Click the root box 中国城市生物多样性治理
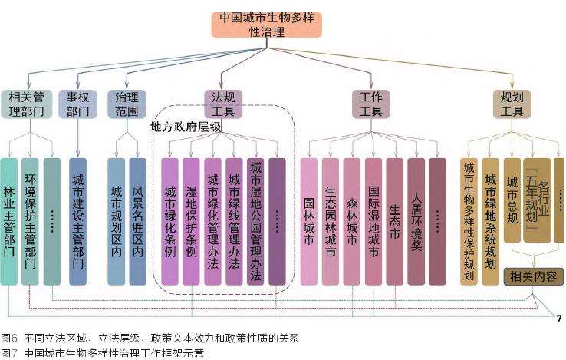tap(266, 25)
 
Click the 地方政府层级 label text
tap(186, 127)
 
